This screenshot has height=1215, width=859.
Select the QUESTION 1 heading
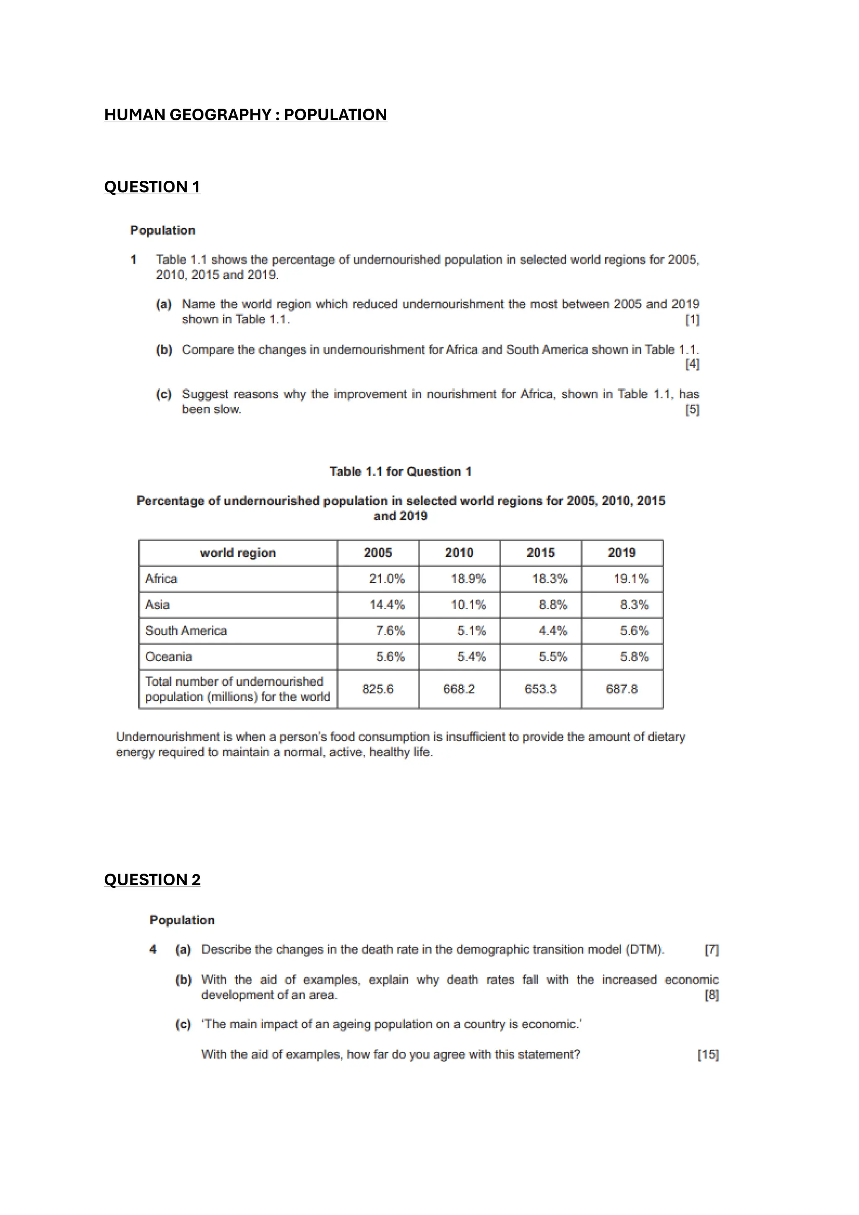152,187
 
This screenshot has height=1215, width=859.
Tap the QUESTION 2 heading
152,879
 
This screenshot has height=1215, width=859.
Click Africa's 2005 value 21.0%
386,579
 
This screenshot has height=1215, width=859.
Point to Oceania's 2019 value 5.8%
634,657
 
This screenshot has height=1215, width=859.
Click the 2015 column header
540,553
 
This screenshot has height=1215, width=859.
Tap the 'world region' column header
238,553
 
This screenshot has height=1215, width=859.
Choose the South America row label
186,631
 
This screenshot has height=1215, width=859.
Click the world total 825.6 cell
377,689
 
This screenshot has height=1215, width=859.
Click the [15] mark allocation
708,1055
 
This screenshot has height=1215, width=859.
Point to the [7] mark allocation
711,950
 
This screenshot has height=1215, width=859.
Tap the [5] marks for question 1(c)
692,410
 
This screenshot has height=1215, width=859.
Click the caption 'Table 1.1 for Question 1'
400,471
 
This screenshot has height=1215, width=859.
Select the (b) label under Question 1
164,350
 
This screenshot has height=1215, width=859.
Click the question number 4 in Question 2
153,950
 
